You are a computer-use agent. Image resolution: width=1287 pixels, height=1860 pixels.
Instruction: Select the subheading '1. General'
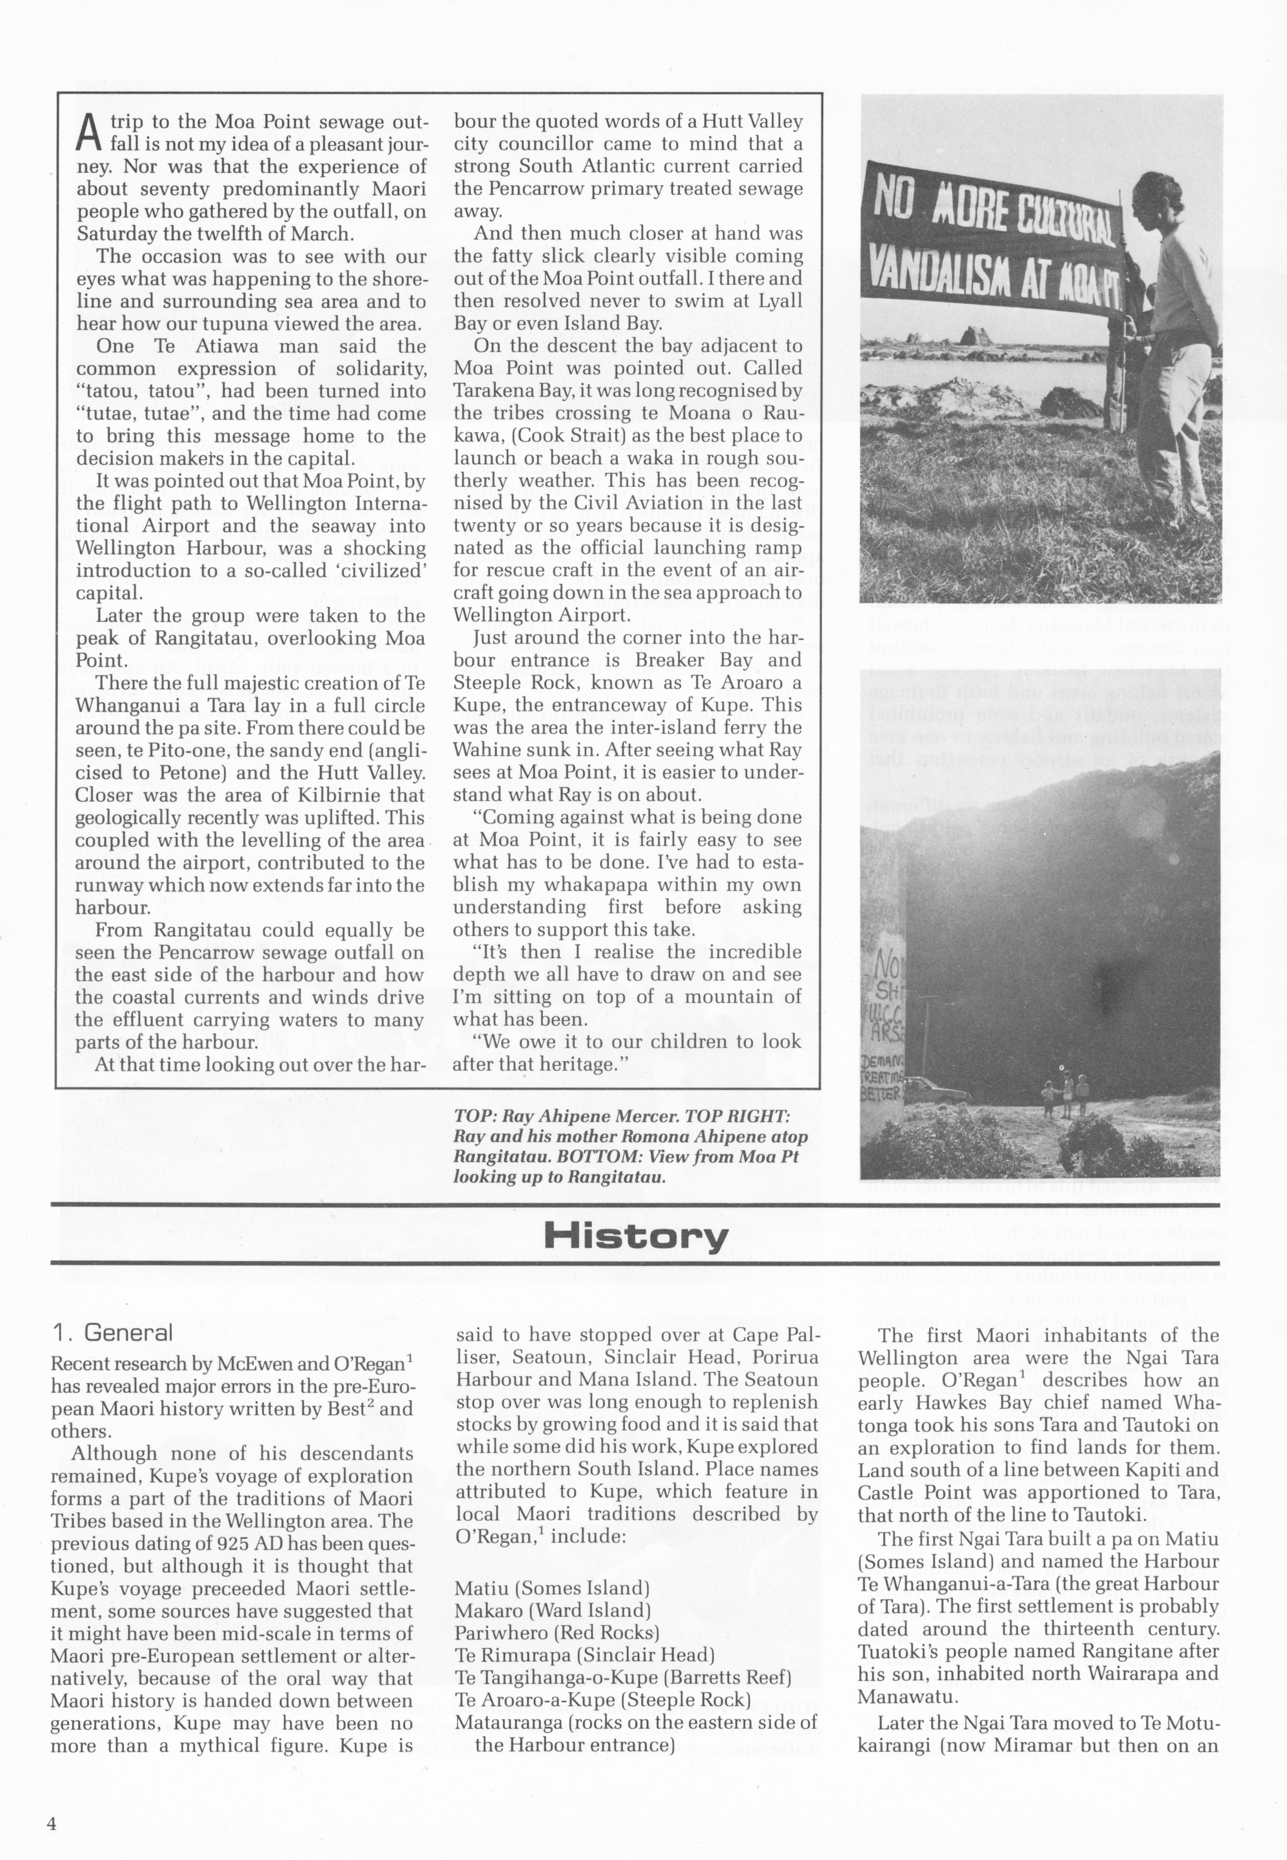click(x=111, y=1332)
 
